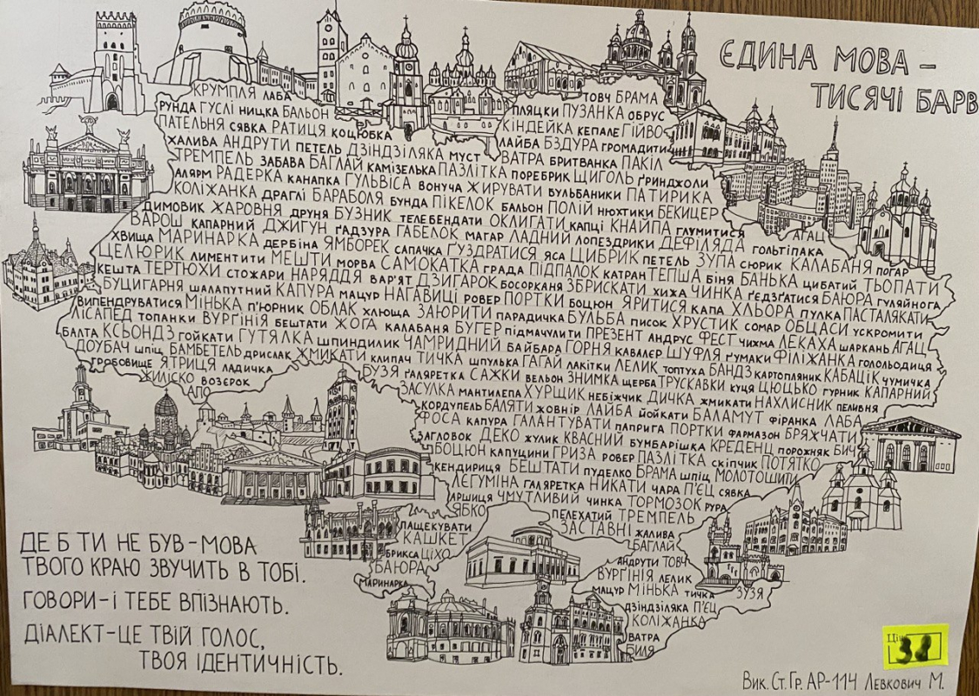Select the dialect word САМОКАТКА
[425, 264]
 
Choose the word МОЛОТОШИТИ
[753, 478]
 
